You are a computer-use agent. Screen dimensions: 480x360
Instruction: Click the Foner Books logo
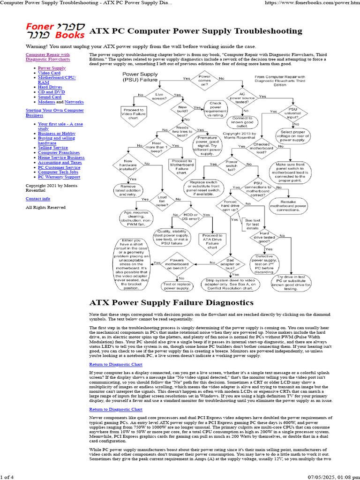pyautogui.click(x=55, y=30)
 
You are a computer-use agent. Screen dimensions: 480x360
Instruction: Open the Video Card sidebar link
pyautogui.click(x=49, y=73)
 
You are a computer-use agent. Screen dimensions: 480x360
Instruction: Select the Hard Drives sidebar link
pyautogui.click(x=50, y=87)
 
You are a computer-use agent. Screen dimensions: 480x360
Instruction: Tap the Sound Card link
pyautogui.click(x=50, y=97)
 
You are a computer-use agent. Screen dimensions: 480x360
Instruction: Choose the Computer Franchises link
pyautogui.click(x=59, y=153)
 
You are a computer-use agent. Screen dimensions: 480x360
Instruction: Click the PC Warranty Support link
pyautogui.click(x=59, y=177)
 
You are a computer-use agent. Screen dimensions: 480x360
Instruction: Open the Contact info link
pyautogui.click(x=38, y=199)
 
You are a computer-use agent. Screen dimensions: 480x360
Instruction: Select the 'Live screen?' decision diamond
pyautogui.click(x=159, y=97)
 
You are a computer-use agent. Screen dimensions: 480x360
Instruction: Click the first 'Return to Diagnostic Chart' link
pyautogui.click(x=110, y=364)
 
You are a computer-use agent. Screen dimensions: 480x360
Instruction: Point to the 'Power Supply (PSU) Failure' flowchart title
pyautogui.click(x=140, y=76)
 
